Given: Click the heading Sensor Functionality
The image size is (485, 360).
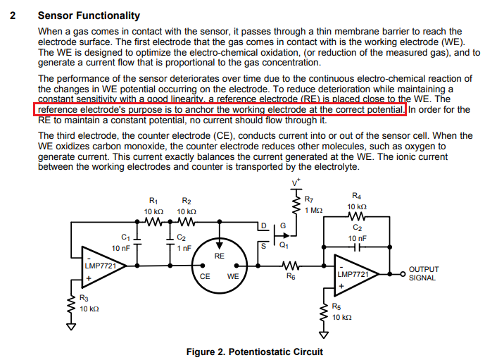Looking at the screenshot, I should tap(89, 15).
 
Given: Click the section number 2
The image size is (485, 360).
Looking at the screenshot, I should tap(13, 15).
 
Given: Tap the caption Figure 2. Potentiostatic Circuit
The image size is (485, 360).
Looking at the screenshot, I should tap(254, 351).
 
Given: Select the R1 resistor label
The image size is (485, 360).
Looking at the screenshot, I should tap(154, 201).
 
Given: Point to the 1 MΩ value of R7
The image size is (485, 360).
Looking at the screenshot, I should tap(315, 211).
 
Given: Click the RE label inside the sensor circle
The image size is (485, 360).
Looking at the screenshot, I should tap(219, 256).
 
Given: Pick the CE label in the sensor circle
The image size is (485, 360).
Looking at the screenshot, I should tap(205, 277).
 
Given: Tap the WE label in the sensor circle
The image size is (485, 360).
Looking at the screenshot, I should tap(233, 277).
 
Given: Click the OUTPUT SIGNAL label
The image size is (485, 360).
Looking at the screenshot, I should tap(424, 273).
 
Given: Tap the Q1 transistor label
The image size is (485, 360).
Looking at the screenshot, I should tap(284, 246).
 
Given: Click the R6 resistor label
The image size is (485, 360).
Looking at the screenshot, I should tap(290, 277).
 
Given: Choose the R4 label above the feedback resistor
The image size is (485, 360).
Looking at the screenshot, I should tap(357, 195).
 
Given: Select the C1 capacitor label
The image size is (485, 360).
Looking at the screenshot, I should tap(126, 237).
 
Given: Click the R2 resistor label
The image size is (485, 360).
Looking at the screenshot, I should tap(187, 201).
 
